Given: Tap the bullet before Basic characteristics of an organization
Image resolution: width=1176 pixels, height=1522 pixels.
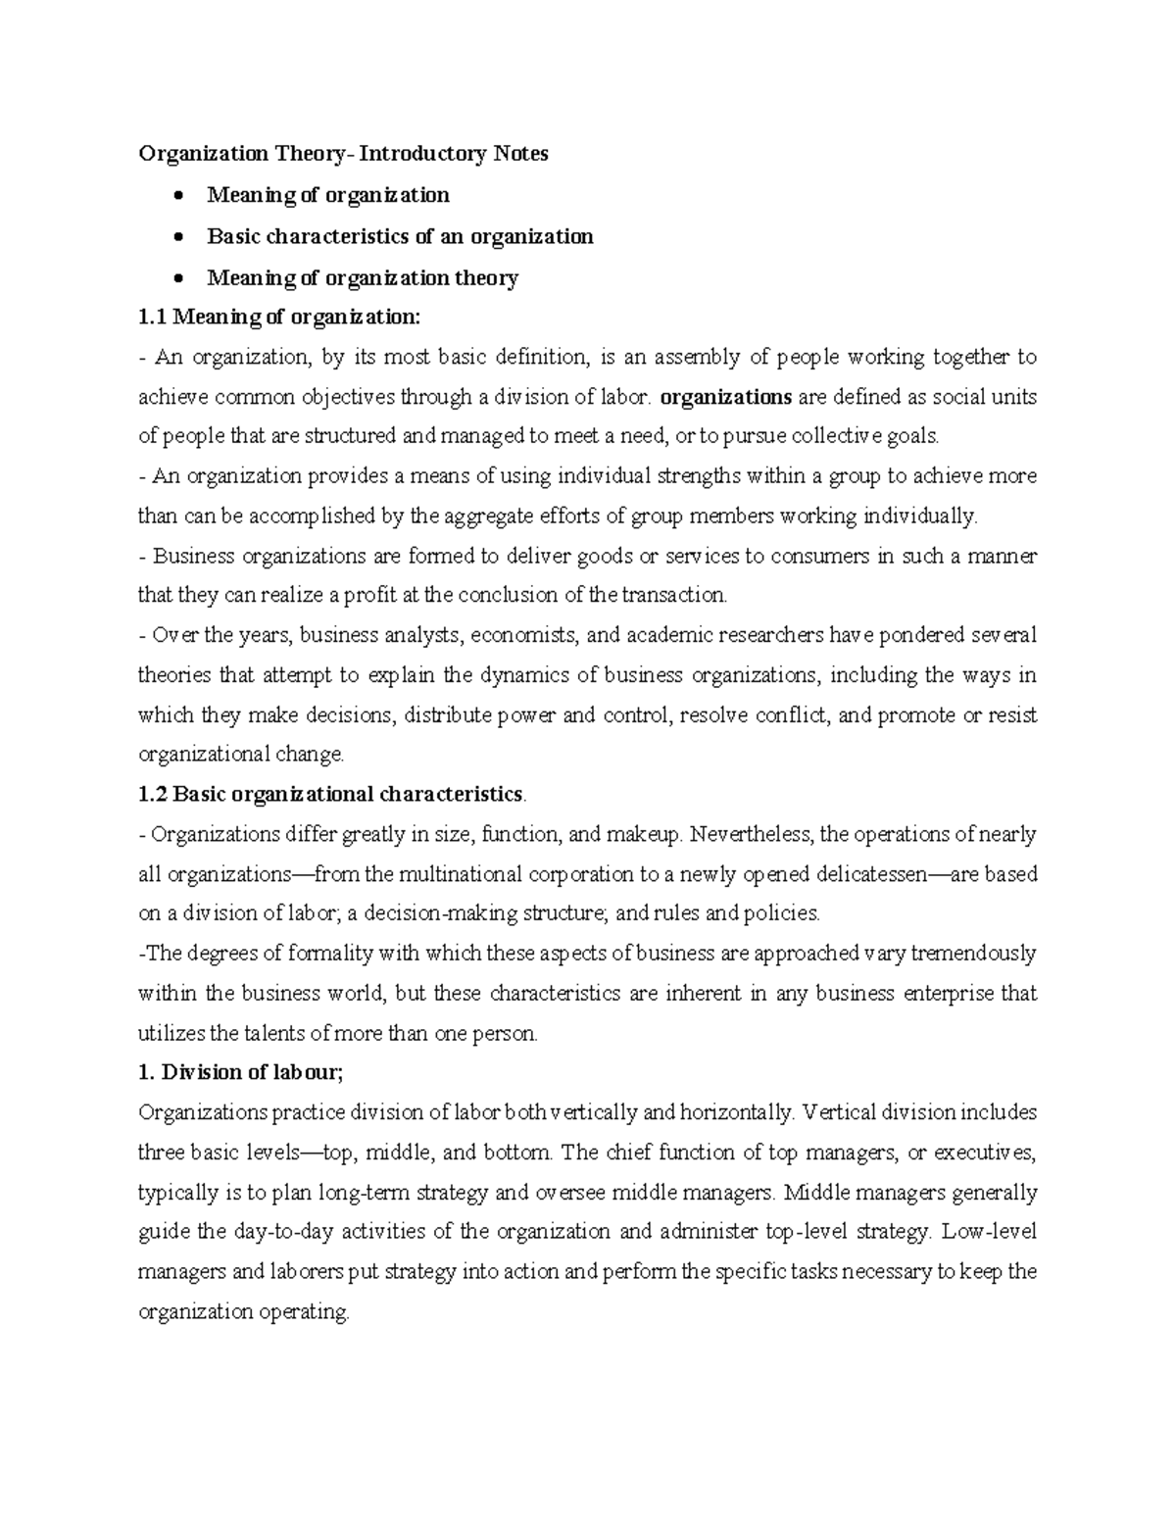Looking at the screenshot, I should [x=176, y=237].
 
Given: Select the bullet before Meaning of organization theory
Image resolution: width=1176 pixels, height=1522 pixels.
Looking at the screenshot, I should [x=176, y=278].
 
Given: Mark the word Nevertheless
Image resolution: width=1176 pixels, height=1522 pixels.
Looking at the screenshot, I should [x=751, y=835].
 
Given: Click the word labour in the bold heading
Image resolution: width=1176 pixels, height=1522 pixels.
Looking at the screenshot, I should [x=312, y=1073].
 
